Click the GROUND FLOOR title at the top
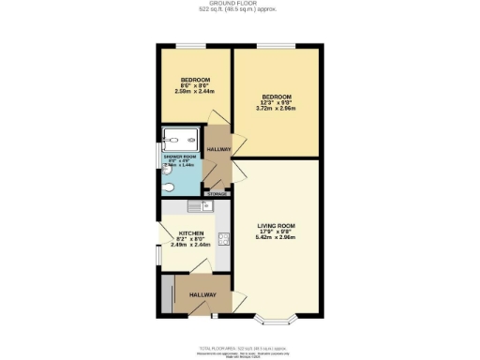(241, 4)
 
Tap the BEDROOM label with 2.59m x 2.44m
(195, 81)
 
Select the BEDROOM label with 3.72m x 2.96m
(277, 97)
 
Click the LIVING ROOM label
(277, 226)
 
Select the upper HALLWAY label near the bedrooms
(218, 150)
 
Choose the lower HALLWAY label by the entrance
(202, 294)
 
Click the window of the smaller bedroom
(194, 44)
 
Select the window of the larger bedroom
(277, 44)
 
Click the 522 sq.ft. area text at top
(241, 10)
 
